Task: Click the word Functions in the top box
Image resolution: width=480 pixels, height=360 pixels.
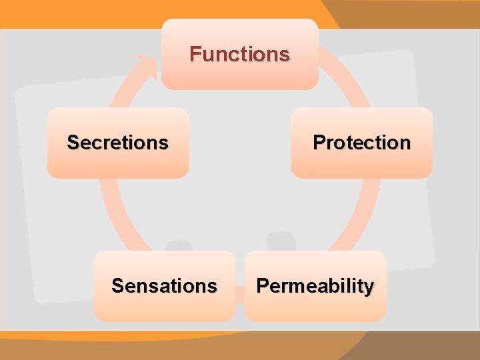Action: [x=239, y=54]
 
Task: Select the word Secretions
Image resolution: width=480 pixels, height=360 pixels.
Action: [x=117, y=143]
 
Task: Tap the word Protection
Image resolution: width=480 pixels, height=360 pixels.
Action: [x=361, y=143]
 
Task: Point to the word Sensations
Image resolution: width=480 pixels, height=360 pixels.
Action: [x=164, y=286]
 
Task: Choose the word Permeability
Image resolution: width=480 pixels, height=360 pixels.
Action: [x=315, y=287]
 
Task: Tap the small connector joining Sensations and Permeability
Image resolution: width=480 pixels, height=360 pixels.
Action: [x=239, y=294]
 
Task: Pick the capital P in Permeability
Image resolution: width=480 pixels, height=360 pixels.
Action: [x=262, y=286]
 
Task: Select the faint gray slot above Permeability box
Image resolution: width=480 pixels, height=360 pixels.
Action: [x=280, y=240]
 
